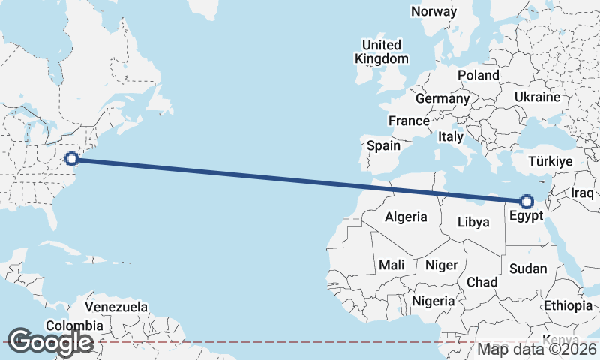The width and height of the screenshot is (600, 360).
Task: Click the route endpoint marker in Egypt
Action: coord(526,201)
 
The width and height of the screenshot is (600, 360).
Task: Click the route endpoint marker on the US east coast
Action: coord(71,158)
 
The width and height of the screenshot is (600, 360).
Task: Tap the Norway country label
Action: coord(433,11)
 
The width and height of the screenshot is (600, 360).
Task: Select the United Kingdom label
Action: coord(382,52)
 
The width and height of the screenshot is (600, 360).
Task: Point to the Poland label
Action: coord(478,75)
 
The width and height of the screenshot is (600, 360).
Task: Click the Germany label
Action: coord(442,98)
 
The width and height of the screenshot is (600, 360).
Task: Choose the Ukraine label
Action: coord(537,97)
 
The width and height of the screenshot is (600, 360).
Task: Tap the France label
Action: coord(409,121)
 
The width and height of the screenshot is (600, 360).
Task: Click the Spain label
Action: coord(383,145)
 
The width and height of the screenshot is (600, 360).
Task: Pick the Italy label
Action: coord(451,137)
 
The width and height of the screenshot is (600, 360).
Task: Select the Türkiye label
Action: coord(550,162)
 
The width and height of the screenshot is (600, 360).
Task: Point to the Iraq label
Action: coord(582,193)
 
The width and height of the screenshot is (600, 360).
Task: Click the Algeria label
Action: coord(406,217)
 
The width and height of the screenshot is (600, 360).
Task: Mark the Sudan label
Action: coord(527,268)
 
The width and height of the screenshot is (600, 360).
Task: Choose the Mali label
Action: coord(391,265)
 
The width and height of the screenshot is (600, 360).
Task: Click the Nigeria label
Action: coord(433,301)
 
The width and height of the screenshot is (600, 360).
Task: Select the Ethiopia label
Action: coord(568,305)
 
